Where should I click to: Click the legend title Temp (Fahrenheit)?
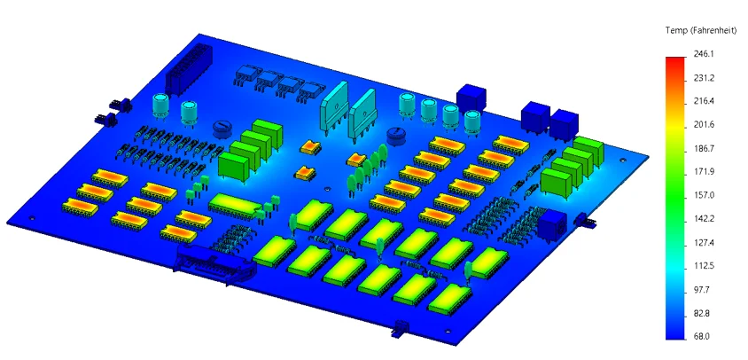tap(701, 30)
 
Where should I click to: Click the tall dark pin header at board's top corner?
tap(183, 70)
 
